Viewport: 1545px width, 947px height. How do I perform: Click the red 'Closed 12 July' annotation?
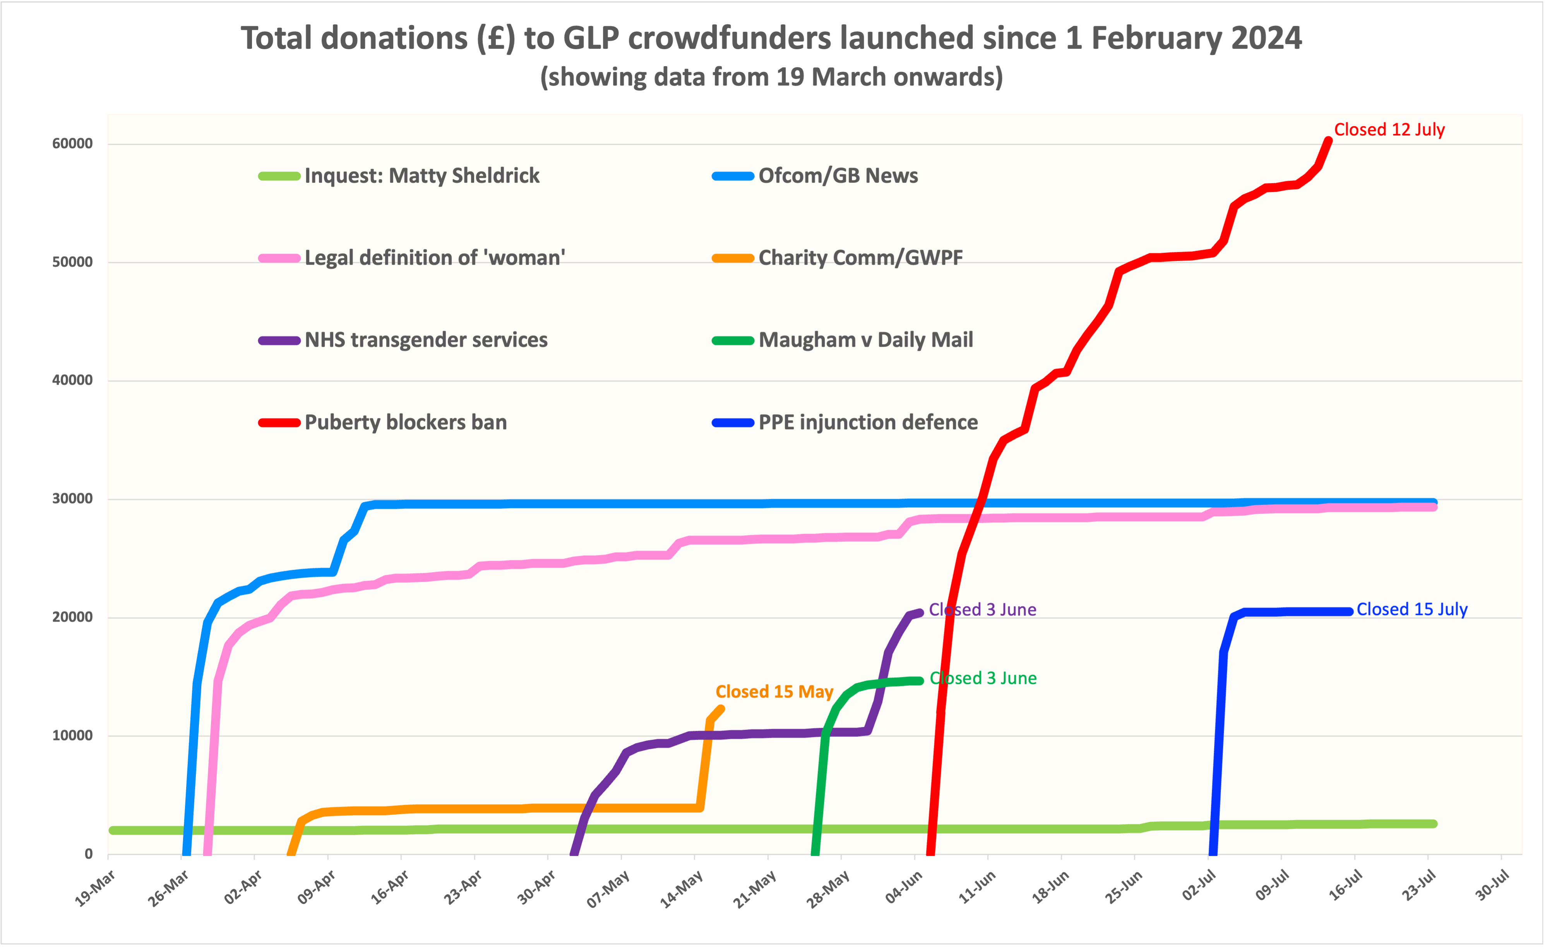(x=1389, y=130)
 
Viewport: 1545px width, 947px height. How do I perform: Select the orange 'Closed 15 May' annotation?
(x=774, y=692)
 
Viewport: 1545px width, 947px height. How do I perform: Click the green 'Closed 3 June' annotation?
(x=983, y=678)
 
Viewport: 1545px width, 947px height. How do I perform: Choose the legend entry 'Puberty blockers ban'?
(x=405, y=423)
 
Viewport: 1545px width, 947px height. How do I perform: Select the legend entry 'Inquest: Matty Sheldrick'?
(x=421, y=176)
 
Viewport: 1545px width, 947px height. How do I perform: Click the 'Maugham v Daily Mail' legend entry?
(x=865, y=341)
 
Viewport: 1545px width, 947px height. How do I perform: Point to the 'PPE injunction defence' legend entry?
(x=868, y=423)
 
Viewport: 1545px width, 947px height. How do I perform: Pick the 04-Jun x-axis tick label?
(x=904, y=888)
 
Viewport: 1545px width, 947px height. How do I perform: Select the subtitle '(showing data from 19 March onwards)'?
(x=771, y=77)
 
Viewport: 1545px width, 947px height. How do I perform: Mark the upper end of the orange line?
(x=721, y=709)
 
